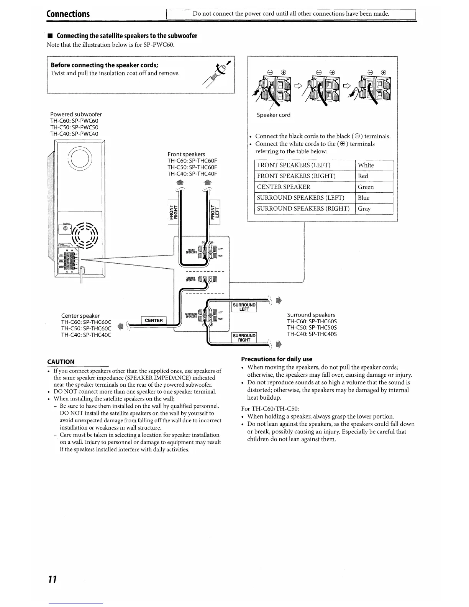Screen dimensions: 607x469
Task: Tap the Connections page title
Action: (68, 14)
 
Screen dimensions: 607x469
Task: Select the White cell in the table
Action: (366, 165)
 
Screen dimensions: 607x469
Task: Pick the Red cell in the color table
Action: (363, 176)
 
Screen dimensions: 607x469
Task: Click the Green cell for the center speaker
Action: (366, 187)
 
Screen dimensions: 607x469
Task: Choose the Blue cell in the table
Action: (364, 198)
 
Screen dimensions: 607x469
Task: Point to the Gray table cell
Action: (364, 209)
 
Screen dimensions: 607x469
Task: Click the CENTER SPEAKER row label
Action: (284, 187)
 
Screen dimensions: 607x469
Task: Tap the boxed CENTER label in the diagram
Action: (154, 320)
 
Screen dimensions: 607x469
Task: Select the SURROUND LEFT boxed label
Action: (244, 307)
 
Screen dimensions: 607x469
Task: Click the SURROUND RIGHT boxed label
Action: (244, 338)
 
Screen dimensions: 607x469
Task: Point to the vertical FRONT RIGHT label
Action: (174, 212)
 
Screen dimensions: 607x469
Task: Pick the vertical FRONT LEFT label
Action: (215, 212)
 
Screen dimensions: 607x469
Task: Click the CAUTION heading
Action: (61, 362)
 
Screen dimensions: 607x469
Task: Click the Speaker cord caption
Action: (274, 115)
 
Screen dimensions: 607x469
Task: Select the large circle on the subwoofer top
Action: (80, 158)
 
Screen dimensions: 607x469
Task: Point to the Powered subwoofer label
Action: (76, 114)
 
